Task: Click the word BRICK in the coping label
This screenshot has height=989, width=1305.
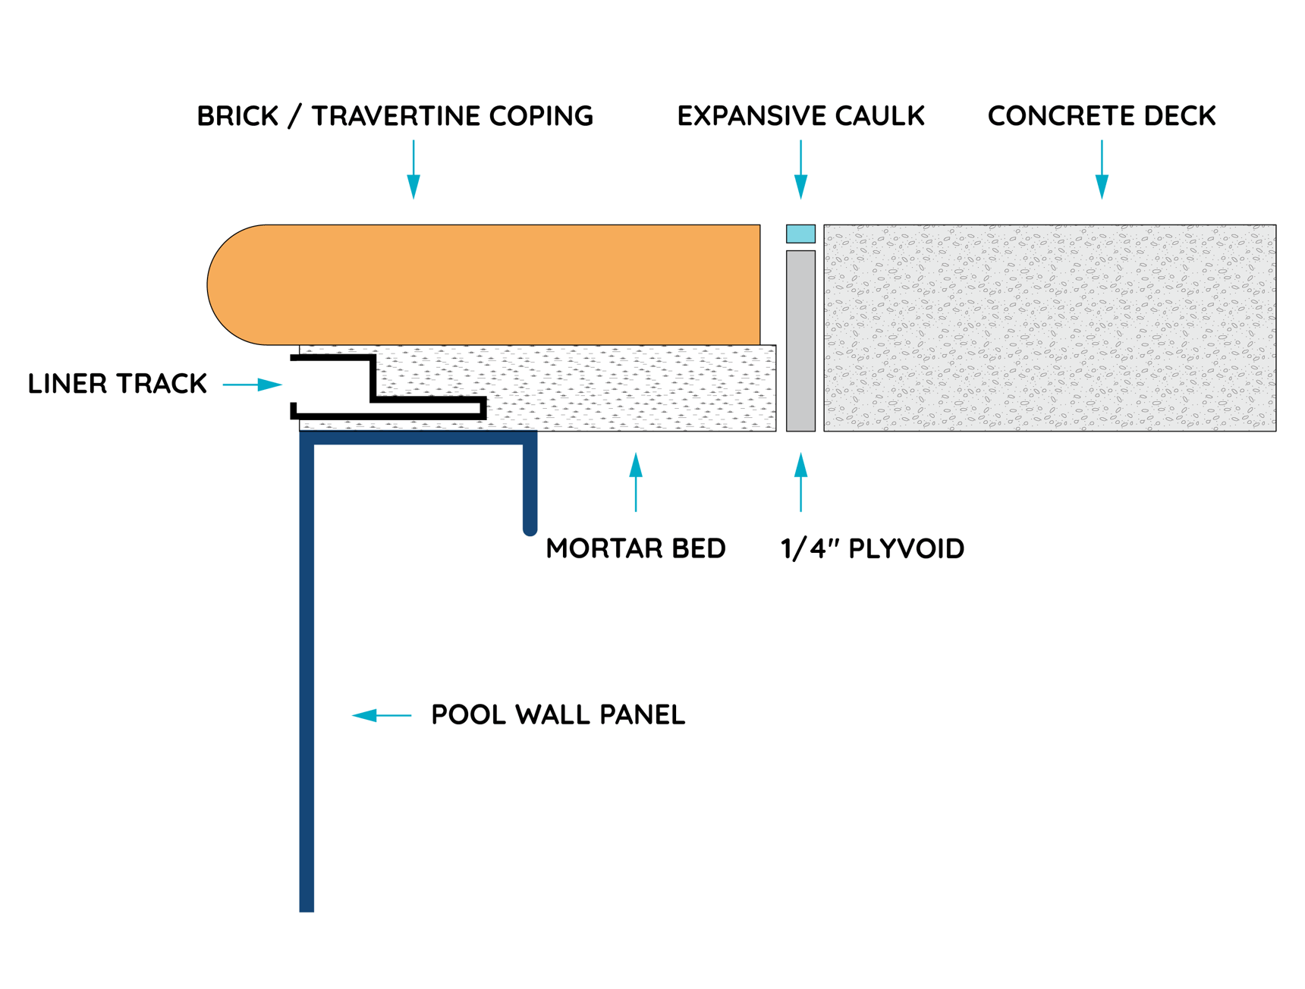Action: (237, 116)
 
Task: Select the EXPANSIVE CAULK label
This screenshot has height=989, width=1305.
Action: (800, 116)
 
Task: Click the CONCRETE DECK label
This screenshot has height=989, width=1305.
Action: (1101, 116)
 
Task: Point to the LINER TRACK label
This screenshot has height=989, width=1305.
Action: (117, 384)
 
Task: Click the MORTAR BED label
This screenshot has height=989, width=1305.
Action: (635, 548)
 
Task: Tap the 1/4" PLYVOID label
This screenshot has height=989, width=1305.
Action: (872, 548)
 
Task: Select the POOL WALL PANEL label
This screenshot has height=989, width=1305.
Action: (558, 714)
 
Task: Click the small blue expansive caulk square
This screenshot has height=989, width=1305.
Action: (800, 234)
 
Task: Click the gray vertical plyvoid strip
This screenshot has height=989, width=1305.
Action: (800, 341)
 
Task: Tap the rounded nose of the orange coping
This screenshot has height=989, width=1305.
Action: (228, 285)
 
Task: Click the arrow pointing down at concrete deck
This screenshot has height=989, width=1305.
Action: (1102, 171)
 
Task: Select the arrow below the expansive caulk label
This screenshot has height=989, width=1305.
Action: (800, 171)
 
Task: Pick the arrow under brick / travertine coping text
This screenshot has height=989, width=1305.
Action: (414, 171)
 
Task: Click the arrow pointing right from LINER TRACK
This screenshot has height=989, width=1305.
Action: (253, 385)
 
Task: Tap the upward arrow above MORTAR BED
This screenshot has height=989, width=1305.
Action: (636, 482)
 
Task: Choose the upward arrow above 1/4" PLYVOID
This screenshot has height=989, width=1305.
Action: (800, 482)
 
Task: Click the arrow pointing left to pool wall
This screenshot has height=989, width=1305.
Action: (381, 715)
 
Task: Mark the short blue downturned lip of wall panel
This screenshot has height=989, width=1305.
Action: (530, 485)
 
